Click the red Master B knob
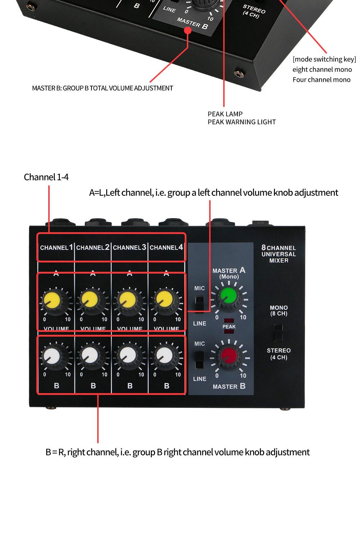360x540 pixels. click(229, 356)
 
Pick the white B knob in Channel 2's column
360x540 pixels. click(89, 356)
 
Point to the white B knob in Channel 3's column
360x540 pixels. click(127, 356)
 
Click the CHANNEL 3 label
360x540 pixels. click(130, 247)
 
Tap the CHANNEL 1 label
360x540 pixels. click(56, 247)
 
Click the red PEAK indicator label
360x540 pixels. click(229, 326)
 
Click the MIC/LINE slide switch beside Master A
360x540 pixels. click(199, 304)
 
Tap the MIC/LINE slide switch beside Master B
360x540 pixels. click(199, 360)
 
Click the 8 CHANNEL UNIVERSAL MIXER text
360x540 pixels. click(279, 254)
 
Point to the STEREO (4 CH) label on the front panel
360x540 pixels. click(279, 354)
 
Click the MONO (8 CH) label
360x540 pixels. click(279, 311)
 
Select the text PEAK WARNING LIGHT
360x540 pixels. click(242, 122)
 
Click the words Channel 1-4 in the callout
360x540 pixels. click(46, 177)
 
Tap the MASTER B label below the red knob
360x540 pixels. click(229, 386)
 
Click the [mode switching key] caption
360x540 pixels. click(324, 59)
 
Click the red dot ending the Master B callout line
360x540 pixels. click(188, 30)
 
